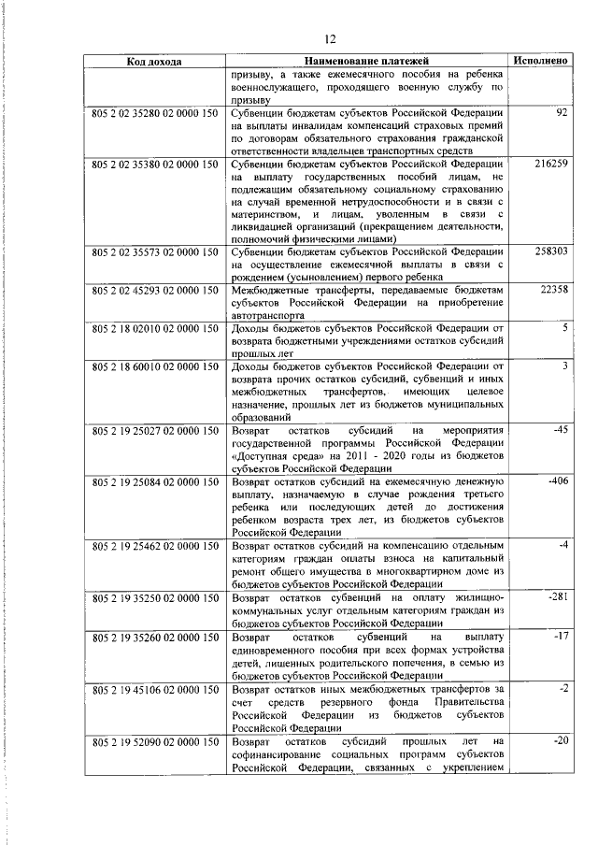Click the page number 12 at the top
329,38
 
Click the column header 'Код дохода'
153,61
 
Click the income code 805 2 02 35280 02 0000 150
153,113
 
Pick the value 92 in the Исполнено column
562,113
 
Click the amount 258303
551,252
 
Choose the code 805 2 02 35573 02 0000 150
153,252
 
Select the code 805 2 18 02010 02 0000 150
153,329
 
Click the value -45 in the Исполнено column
561,430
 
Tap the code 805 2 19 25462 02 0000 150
153,544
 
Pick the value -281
559,595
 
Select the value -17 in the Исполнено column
561,637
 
